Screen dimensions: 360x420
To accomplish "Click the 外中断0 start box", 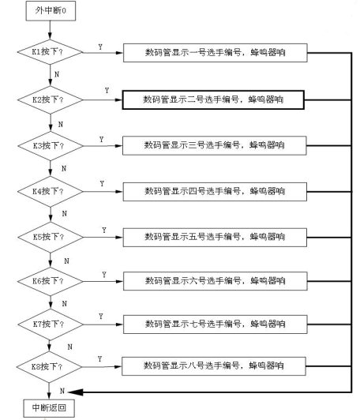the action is point(51,11).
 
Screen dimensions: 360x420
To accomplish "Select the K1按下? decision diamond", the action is point(50,52).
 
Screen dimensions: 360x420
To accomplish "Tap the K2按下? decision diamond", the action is point(51,100).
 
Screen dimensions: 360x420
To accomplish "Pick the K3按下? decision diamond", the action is point(51,146).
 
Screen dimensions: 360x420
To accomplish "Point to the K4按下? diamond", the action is point(51,192).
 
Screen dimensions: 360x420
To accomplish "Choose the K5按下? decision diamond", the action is point(51,237).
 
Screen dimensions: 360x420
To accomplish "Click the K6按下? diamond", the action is point(51,281).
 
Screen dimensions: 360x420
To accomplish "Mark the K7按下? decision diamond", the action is point(51,324).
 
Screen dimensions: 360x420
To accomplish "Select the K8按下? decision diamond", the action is point(49,366).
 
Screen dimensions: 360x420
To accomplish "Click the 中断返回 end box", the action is point(49,408).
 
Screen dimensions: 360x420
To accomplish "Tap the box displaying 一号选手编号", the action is point(215,53).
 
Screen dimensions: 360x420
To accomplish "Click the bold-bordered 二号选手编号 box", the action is point(213,100).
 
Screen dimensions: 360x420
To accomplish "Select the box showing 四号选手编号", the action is point(215,192).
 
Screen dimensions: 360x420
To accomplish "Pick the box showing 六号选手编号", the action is point(215,281).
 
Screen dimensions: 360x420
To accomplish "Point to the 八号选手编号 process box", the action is point(214,366).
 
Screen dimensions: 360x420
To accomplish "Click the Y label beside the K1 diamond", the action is point(100,47).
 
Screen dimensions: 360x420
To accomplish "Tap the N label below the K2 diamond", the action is point(61,124).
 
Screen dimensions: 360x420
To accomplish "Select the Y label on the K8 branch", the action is point(99,359).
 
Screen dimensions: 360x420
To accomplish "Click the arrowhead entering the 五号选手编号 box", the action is point(119,237).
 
